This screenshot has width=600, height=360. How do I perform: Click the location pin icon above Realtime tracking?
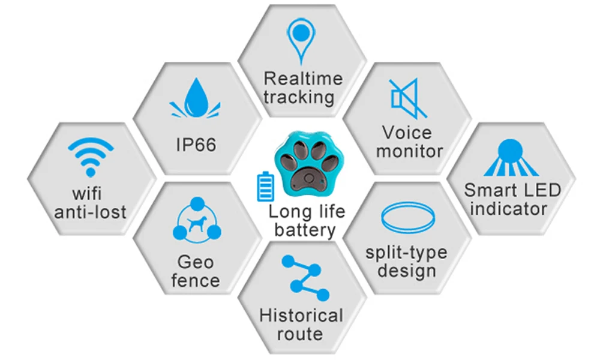(301, 39)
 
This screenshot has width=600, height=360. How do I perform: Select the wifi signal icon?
(91, 157)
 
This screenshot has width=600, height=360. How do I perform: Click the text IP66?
(196, 145)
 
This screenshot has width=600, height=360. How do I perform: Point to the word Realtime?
(303, 79)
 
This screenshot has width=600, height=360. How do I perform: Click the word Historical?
(301, 316)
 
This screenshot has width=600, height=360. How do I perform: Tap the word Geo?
(196, 262)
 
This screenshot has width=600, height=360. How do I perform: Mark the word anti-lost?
(90, 211)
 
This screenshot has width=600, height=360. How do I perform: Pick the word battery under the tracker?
(301, 229)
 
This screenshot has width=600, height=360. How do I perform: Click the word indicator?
(509, 209)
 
